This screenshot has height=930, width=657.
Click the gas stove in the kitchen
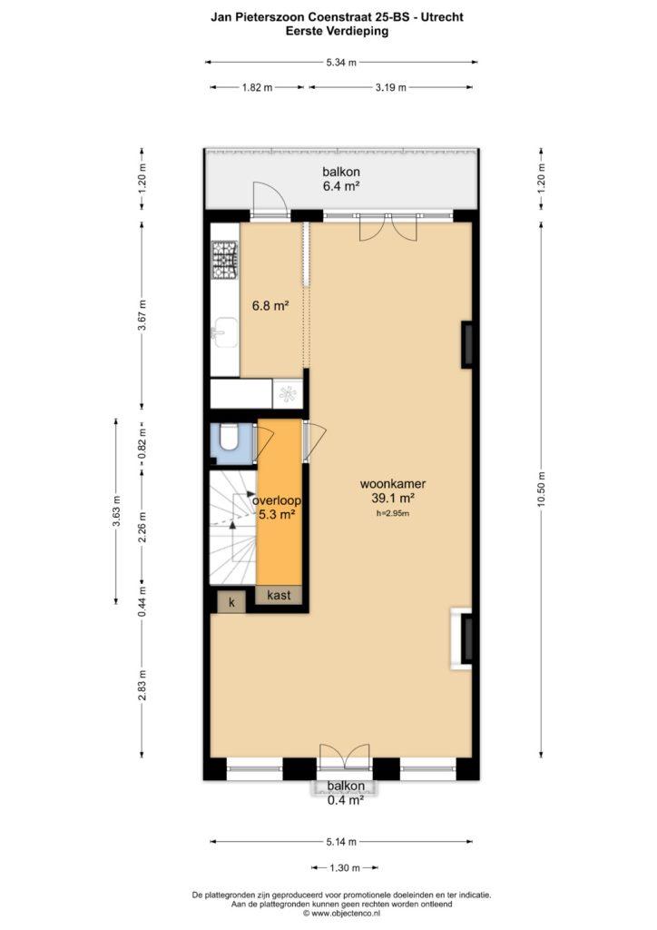pyautogui.click(x=225, y=260)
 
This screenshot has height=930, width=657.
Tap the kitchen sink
pyautogui.click(x=224, y=332)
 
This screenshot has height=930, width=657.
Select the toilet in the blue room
pyautogui.click(x=228, y=439)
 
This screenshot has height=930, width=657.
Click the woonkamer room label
pyautogui.click(x=393, y=484)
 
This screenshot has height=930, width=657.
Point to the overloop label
pyautogui.click(x=277, y=500)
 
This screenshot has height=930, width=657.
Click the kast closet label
pyautogui.click(x=279, y=595)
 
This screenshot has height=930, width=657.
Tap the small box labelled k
pyautogui.click(x=232, y=603)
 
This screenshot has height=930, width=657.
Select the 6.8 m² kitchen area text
pyautogui.click(x=270, y=306)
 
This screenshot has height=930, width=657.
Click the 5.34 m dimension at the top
pyautogui.click(x=341, y=63)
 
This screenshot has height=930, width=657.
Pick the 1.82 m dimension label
pyautogui.click(x=257, y=88)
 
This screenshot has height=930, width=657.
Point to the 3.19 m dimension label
pyautogui.click(x=390, y=88)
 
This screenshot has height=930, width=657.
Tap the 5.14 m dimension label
pyautogui.click(x=341, y=842)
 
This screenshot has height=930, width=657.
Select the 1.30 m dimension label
pyautogui.click(x=344, y=867)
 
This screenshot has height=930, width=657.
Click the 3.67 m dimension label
pyautogui.click(x=142, y=316)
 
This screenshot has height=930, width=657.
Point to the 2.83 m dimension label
pyautogui.click(x=142, y=685)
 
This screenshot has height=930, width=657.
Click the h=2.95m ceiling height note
pyautogui.click(x=393, y=514)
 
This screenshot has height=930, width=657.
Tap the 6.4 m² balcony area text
pyautogui.click(x=341, y=185)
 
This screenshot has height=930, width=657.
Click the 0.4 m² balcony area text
pyautogui.click(x=346, y=800)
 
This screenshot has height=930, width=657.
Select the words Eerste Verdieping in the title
pyautogui.click(x=337, y=32)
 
